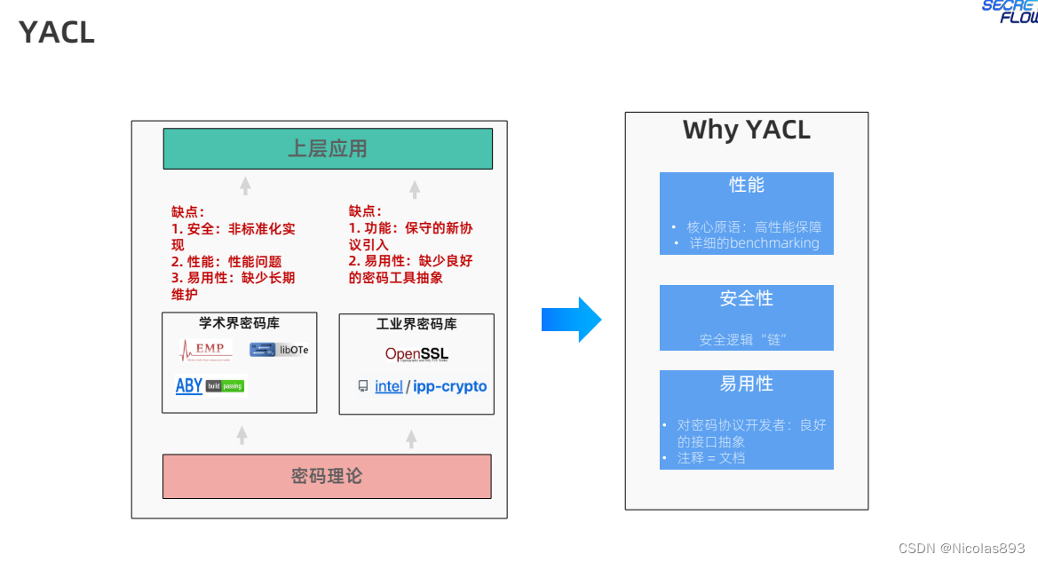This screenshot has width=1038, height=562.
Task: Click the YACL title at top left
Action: [x=56, y=33]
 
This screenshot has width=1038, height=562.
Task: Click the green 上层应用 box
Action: [x=328, y=148]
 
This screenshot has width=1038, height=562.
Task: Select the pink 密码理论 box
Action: [x=327, y=476]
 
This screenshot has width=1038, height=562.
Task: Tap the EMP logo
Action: [x=206, y=349]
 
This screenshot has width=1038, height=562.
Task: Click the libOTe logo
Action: [x=279, y=350]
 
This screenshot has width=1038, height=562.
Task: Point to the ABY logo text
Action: [x=189, y=385]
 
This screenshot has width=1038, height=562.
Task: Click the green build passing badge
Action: [x=225, y=386]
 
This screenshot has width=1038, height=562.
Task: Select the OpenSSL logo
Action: [x=416, y=354]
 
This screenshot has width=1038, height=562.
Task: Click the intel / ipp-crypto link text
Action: [x=430, y=386]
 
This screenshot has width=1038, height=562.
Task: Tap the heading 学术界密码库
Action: [x=239, y=323]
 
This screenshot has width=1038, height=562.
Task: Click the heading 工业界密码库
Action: [x=416, y=325]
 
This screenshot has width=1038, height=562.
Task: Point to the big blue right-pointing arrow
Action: [x=572, y=320]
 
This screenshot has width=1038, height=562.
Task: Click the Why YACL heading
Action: [x=746, y=130]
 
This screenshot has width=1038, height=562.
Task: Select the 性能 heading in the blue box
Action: [x=746, y=185]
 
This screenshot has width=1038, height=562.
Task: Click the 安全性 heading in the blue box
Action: [x=746, y=298]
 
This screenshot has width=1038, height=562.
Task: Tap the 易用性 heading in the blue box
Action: [x=746, y=384]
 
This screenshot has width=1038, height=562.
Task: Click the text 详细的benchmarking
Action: [x=754, y=242]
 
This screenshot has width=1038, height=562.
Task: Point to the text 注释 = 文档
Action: [x=711, y=458]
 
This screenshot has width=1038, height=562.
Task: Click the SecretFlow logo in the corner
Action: [x=1010, y=11]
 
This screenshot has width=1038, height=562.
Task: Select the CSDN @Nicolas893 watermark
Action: [x=962, y=548]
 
